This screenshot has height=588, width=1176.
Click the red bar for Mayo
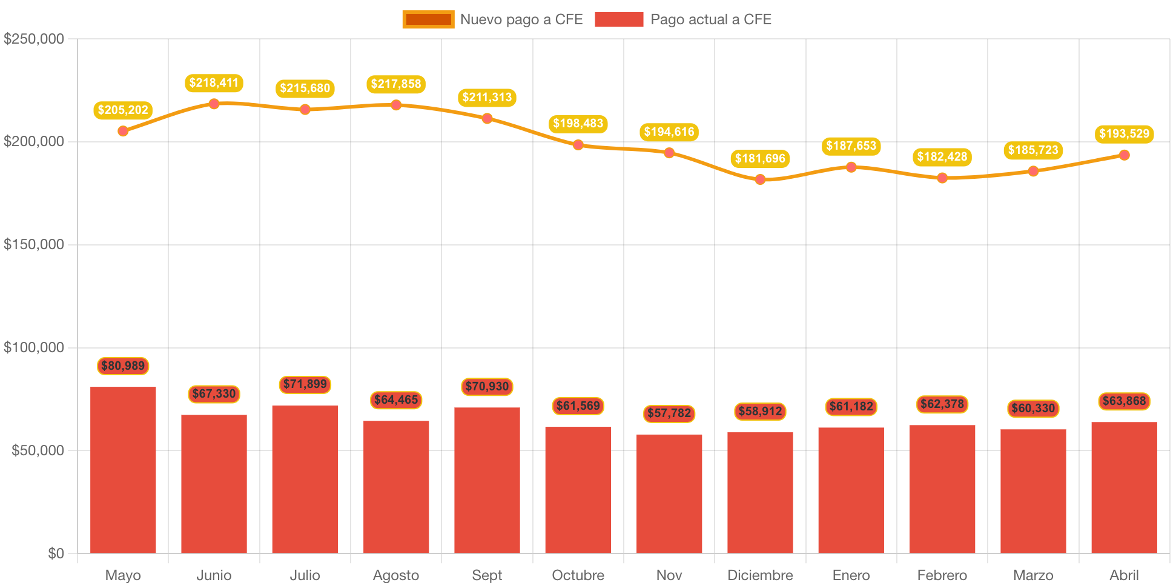point(123,470)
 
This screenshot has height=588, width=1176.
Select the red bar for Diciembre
point(760,492)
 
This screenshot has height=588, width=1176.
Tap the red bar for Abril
point(1124,487)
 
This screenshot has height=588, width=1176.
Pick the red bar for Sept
point(487,480)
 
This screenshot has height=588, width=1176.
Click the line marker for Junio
point(214,104)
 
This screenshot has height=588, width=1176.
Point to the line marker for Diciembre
point(760,179)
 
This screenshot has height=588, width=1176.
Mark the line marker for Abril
point(1124,155)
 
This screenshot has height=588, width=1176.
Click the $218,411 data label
point(214,83)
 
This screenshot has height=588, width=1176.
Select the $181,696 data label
point(760,159)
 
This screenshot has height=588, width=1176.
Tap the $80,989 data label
point(123,366)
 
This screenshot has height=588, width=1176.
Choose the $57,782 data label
point(669,413)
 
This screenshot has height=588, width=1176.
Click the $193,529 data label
point(1124,134)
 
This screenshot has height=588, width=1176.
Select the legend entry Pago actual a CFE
point(683,19)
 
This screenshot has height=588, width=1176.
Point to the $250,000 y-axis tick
point(34,39)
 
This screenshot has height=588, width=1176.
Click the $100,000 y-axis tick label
point(34,347)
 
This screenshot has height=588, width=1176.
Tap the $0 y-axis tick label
point(56,553)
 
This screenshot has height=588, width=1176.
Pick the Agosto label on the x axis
point(396,575)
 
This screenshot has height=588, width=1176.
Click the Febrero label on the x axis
point(942,575)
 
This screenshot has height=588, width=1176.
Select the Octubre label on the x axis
point(578,575)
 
